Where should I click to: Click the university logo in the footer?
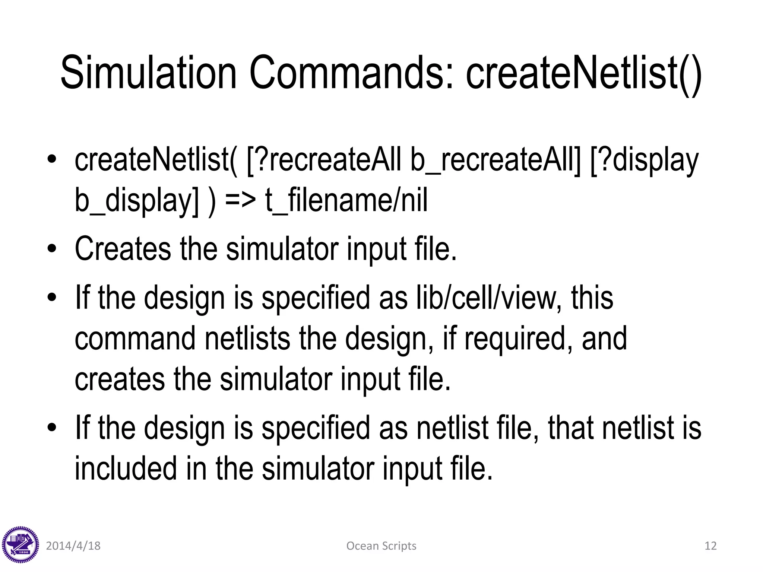pos(20,545)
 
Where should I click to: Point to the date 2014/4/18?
pos(73,546)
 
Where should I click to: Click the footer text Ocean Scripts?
pos(381,546)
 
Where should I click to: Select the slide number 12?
pos(710,546)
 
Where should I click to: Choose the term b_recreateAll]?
pos(496,160)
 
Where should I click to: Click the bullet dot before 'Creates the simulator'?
pos(52,249)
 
